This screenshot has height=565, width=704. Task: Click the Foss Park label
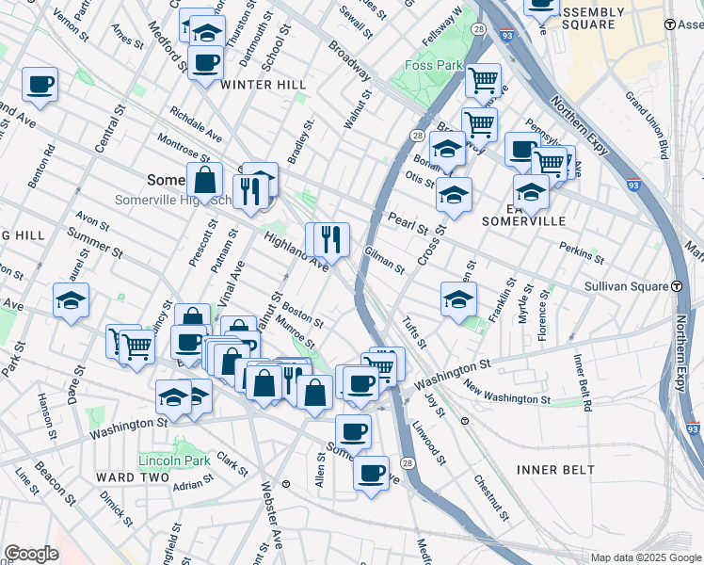coord(434,66)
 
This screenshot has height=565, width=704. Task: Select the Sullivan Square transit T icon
coord(677,285)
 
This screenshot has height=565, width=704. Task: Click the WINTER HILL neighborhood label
coord(263,85)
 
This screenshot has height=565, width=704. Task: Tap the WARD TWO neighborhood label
coord(128,477)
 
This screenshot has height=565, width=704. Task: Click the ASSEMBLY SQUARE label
coord(593,18)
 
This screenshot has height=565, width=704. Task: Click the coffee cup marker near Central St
coord(40,84)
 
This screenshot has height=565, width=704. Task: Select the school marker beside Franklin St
coord(458,300)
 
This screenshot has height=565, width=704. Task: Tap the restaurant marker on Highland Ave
coord(330,239)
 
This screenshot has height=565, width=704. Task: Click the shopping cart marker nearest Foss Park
coord(484,80)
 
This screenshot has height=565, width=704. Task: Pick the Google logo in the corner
coord(32,554)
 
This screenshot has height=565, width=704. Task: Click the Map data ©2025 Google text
coord(645,557)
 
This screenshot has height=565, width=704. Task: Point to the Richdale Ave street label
coord(196,123)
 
